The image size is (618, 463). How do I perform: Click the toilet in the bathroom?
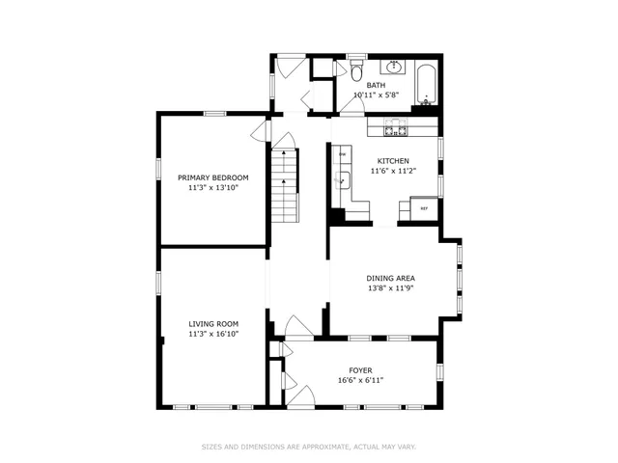click(354, 72)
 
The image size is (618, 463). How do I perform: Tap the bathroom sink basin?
click(395, 68)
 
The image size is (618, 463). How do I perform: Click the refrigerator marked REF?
click(424, 208)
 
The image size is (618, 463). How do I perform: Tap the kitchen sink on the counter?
click(341, 178)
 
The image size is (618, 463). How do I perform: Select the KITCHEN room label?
click(393, 161)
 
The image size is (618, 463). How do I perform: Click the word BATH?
click(375, 86)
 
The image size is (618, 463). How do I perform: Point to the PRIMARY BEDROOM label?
click(212, 177)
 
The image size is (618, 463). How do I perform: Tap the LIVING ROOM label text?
click(212, 324)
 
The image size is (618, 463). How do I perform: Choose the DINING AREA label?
click(391, 278)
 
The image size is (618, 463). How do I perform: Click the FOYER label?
click(360, 370)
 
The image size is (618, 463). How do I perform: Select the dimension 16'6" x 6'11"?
click(360, 380)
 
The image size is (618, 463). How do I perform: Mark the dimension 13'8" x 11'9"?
click(391, 287)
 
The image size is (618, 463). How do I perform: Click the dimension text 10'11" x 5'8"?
click(375, 95)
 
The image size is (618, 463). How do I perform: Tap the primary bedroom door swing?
click(259, 132)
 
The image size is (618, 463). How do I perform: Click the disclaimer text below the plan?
click(309, 447)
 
